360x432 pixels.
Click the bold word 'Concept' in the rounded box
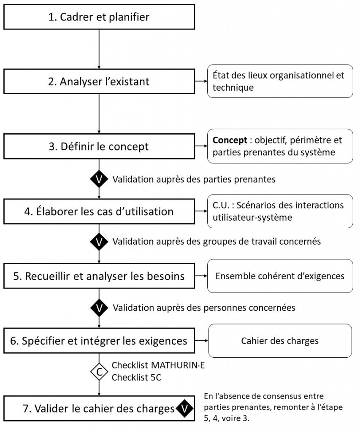230,140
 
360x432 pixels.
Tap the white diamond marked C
99,372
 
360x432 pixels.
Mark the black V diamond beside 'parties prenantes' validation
99,179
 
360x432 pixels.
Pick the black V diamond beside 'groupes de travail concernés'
99,242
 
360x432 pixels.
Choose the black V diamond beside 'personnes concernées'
99,308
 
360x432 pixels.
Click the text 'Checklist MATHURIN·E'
158,365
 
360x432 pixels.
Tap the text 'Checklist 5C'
136,377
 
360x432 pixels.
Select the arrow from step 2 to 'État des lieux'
201,81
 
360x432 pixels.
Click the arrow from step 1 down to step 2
99,49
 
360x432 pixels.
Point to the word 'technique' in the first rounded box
233,88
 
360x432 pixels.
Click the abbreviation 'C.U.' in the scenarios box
221,205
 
